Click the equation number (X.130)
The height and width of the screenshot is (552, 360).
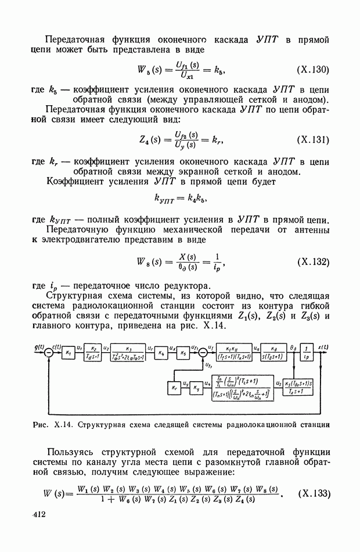313,70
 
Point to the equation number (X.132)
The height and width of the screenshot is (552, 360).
313,262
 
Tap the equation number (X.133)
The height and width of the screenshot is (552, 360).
314,494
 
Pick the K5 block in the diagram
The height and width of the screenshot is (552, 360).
183,353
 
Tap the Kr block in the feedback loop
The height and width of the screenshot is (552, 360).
173,385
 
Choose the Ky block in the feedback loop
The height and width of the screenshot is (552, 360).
196,385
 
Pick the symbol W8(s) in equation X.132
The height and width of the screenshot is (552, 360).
151,263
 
